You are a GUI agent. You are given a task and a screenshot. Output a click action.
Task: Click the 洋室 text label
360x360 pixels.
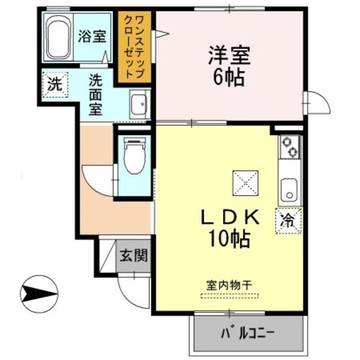click(x=228, y=56)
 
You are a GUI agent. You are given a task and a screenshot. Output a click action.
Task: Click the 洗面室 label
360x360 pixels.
click(x=96, y=94)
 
